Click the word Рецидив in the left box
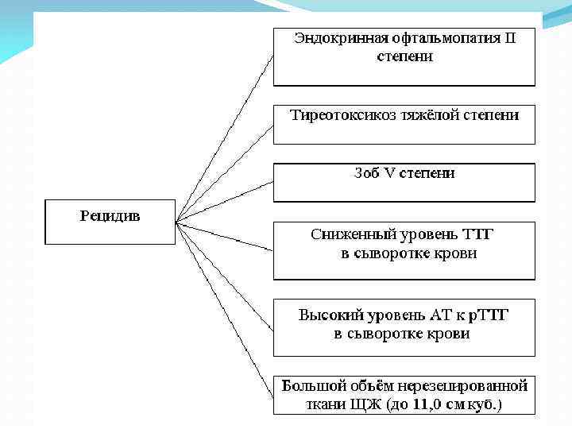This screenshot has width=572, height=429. pos(110,215)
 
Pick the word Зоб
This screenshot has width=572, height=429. pos(366,172)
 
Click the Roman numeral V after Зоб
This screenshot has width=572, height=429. pos(389,172)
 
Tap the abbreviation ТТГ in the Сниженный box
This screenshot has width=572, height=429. pos(483,234)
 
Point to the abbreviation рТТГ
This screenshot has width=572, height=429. pos(487,315)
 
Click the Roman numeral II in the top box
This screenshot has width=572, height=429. pos(510,38)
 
